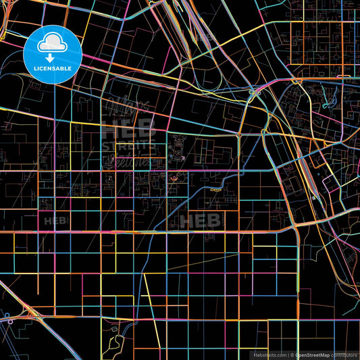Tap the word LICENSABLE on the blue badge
[x=53, y=69]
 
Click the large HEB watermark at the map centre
[x=199, y=220]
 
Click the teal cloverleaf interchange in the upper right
[x=253, y=91]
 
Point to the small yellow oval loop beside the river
[x=215, y=190]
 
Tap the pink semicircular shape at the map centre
[x=176, y=178]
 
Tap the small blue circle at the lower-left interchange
[x=7, y=315]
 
